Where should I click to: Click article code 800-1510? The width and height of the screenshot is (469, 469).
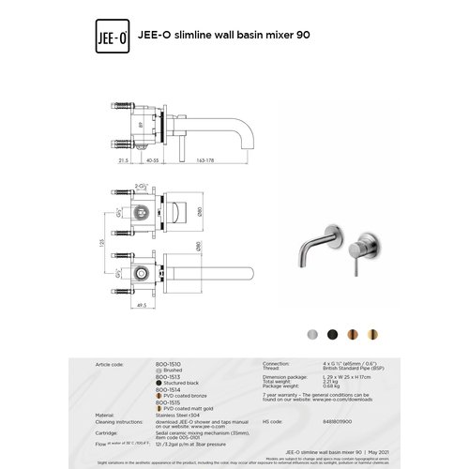click(168, 361)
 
